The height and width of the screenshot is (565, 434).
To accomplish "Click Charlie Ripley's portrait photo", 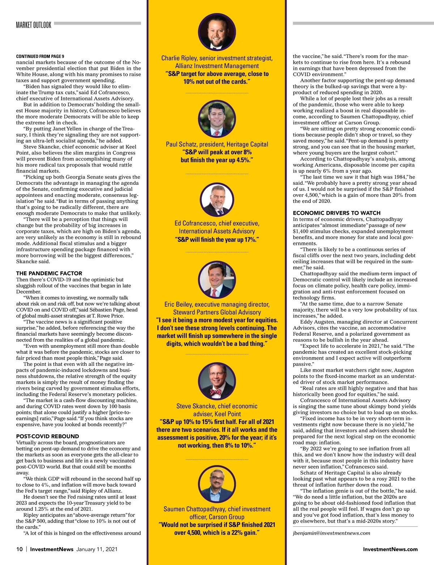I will coord(217,32).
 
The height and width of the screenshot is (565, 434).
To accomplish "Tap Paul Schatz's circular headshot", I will coord(217,118).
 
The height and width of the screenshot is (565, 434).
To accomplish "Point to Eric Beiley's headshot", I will coord(217,279).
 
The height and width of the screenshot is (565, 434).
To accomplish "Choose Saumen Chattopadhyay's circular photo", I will coord(217,483).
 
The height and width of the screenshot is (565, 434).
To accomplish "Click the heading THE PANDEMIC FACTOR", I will coord(49,273).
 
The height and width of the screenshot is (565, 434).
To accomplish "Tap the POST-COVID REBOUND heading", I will coord(48,436).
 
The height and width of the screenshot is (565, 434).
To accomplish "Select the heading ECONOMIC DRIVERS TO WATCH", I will coord(337,213).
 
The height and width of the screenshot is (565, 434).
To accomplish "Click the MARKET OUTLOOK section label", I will coord(34,25).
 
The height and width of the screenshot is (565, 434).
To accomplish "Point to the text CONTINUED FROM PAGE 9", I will coord(40,56).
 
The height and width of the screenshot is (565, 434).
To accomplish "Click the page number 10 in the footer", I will coord(20,549).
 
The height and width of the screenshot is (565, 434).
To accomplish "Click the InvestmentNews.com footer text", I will coord(390,549).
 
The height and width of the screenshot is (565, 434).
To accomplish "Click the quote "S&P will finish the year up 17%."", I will coord(217,239).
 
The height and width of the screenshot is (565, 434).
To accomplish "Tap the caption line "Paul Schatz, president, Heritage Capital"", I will coord(217,144).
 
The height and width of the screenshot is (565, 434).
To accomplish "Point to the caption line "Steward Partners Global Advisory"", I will coord(217,312).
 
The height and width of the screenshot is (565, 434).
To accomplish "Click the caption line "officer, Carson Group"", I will coord(217,517).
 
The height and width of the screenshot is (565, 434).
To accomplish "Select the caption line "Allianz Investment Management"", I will coord(217,66).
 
